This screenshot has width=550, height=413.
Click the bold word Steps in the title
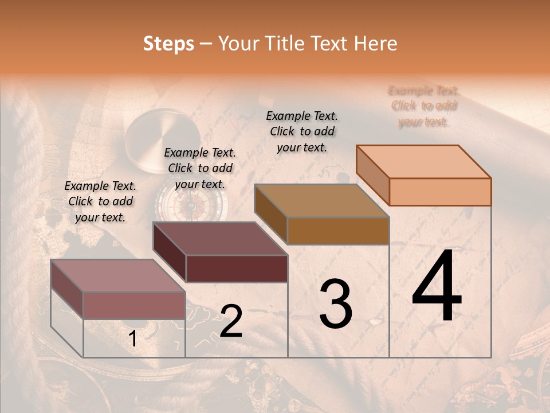tap(168, 44)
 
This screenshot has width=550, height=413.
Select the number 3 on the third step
tap(336, 304)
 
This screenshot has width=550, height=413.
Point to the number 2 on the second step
tap(231, 321)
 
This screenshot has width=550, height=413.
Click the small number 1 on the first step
tap(132, 339)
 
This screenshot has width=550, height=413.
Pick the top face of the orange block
tap(423, 161)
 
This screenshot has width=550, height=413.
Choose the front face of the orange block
tap(440, 192)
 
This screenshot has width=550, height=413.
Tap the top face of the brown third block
tap(321, 200)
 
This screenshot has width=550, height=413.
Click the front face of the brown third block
tap(338, 231)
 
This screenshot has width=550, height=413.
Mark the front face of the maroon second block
tap(236, 268)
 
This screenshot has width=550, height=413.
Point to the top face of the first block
tap(117, 276)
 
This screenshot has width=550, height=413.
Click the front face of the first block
tap(134, 305)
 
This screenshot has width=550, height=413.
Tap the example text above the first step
tap(100, 201)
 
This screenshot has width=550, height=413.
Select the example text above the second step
tap(199, 168)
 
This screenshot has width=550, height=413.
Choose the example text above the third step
tap(302, 131)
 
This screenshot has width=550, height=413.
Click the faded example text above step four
tap(423, 106)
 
